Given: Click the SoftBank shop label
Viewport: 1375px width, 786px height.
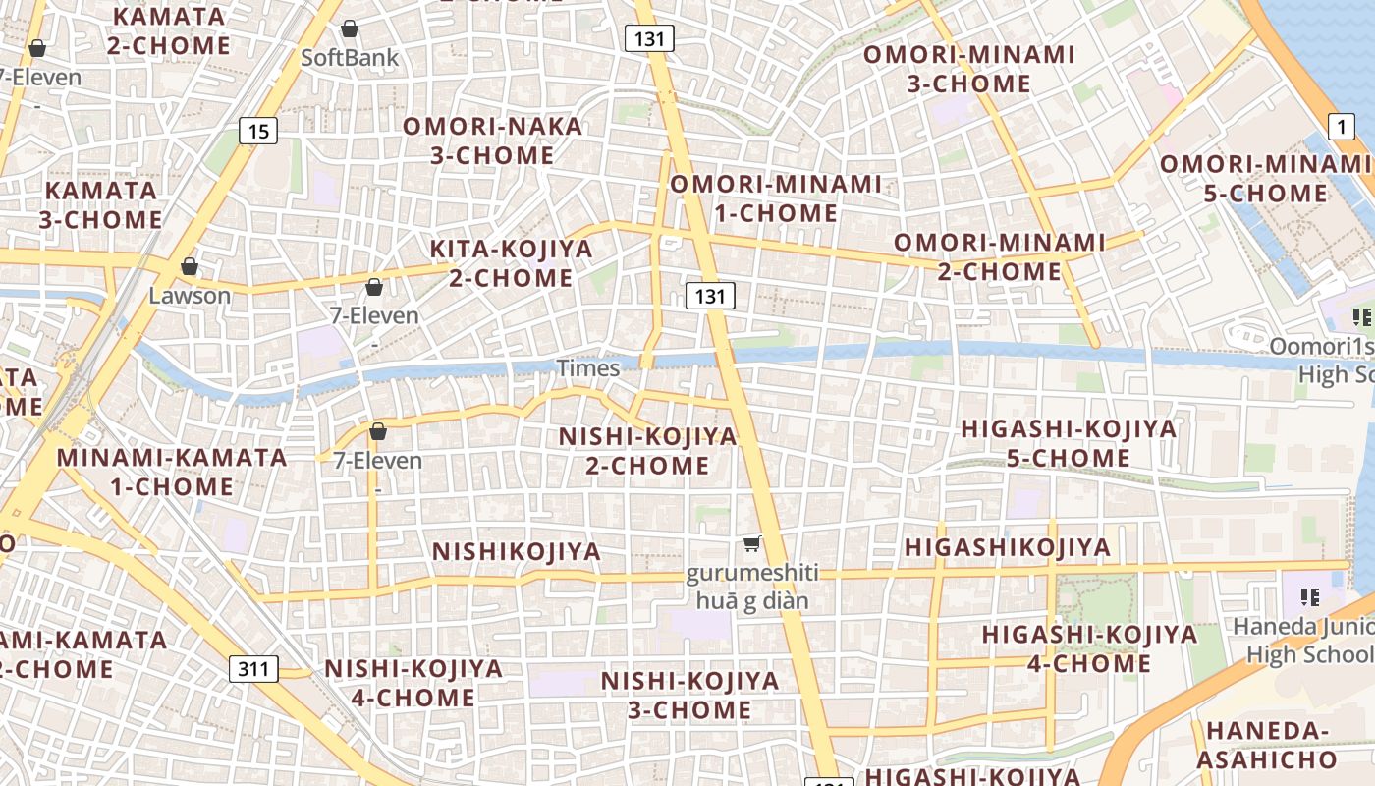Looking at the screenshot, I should click(x=350, y=57).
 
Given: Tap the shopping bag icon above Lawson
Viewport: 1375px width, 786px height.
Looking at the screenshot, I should click(x=190, y=266).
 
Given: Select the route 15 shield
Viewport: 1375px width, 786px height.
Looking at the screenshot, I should click(x=257, y=131).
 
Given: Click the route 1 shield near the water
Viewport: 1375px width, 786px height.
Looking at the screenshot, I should click(x=1342, y=126).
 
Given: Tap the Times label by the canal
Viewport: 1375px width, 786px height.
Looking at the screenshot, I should click(x=588, y=368).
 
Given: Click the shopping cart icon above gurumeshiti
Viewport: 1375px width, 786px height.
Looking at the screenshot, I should click(x=751, y=543).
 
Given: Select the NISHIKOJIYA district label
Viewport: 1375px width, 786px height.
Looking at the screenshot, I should click(x=517, y=552).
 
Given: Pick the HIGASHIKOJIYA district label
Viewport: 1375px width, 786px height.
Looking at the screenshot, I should click(x=1008, y=548).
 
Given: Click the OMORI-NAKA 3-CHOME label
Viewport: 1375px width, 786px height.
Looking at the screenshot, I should click(x=493, y=140).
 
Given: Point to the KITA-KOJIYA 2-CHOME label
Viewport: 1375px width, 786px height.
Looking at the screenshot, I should click(x=512, y=263).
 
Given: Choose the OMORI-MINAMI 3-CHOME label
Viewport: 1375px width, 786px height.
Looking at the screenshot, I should click(x=969, y=69).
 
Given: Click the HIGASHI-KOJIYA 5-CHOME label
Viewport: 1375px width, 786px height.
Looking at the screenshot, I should click(x=1069, y=443).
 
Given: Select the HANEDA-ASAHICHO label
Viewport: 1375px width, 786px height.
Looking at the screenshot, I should click(x=1267, y=745).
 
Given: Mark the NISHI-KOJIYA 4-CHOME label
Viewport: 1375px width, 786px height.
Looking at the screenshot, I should click(x=413, y=683).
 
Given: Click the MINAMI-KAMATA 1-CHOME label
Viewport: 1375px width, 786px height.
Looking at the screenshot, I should click(x=172, y=472).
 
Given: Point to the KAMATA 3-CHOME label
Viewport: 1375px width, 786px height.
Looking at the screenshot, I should click(x=100, y=204).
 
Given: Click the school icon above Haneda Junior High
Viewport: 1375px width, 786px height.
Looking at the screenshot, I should click(x=1308, y=596).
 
